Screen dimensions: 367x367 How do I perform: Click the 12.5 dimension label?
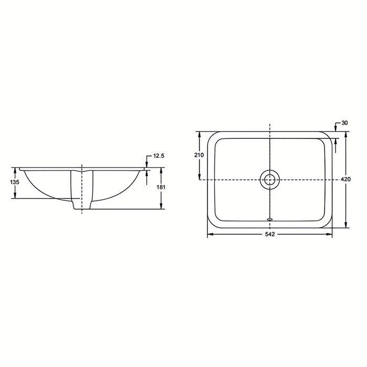pyautogui.click(x=159, y=156)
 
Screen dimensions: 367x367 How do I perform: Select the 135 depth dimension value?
pyautogui.click(x=15, y=182)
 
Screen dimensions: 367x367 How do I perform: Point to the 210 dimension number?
pyautogui.click(x=199, y=155)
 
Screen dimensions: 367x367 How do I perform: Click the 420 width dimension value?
pyautogui.click(x=346, y=179)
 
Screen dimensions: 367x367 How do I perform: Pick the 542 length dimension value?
pyautogui.click(x=269, y=234)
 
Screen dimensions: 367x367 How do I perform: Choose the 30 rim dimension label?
pyautogui.click(x=344, y=123)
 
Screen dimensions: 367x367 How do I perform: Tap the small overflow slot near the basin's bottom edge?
pyautogui.click(x=269, y=219)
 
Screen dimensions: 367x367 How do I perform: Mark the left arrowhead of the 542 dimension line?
pyautogui.click(x=210, y=234)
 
